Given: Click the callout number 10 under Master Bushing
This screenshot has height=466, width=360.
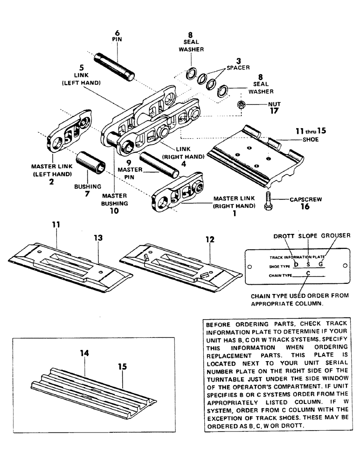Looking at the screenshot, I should (x=113, y=211).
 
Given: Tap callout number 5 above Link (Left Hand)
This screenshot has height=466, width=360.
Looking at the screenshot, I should (x=82, y=68).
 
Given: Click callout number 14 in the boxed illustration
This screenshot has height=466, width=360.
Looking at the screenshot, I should (x=83, y=354).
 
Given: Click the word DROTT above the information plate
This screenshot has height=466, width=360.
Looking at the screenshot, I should (x=282, y=236).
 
